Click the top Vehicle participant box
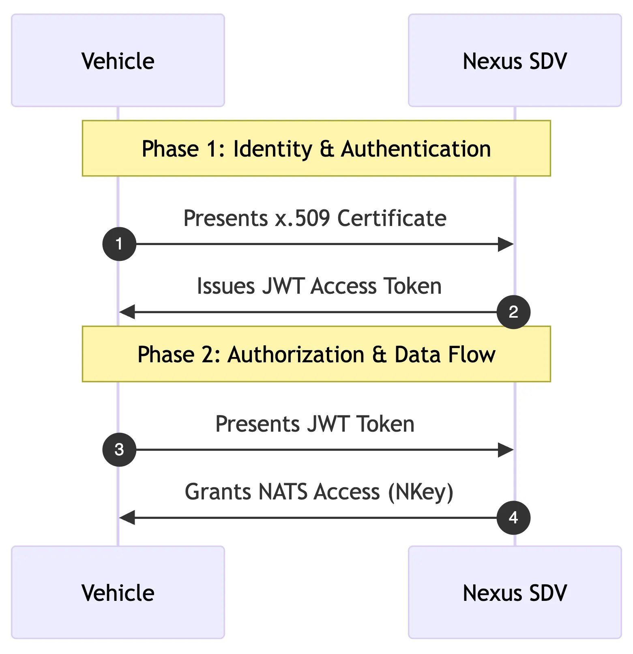pos(118,60)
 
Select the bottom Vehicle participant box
pos(118,592)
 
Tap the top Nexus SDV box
pos(515,60)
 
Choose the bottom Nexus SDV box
pos(515,592)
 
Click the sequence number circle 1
pos(119,244)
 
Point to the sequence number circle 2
pos(513,312)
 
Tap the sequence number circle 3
pos(119,450)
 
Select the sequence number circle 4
pos(513,518)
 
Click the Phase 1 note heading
pos(316,148)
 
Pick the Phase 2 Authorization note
pos(316,354)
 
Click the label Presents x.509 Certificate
pos(315,218)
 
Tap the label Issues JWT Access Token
pos(319,286)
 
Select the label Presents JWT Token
pos(315,424)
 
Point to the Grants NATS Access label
pos(319,492)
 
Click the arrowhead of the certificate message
pos(506,244)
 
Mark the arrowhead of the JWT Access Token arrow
pos(127,312)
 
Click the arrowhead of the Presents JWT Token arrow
pos(506,450)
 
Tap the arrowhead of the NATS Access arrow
pos(127,518)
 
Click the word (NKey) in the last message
pos(421,492)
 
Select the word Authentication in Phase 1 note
pos(416,149)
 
